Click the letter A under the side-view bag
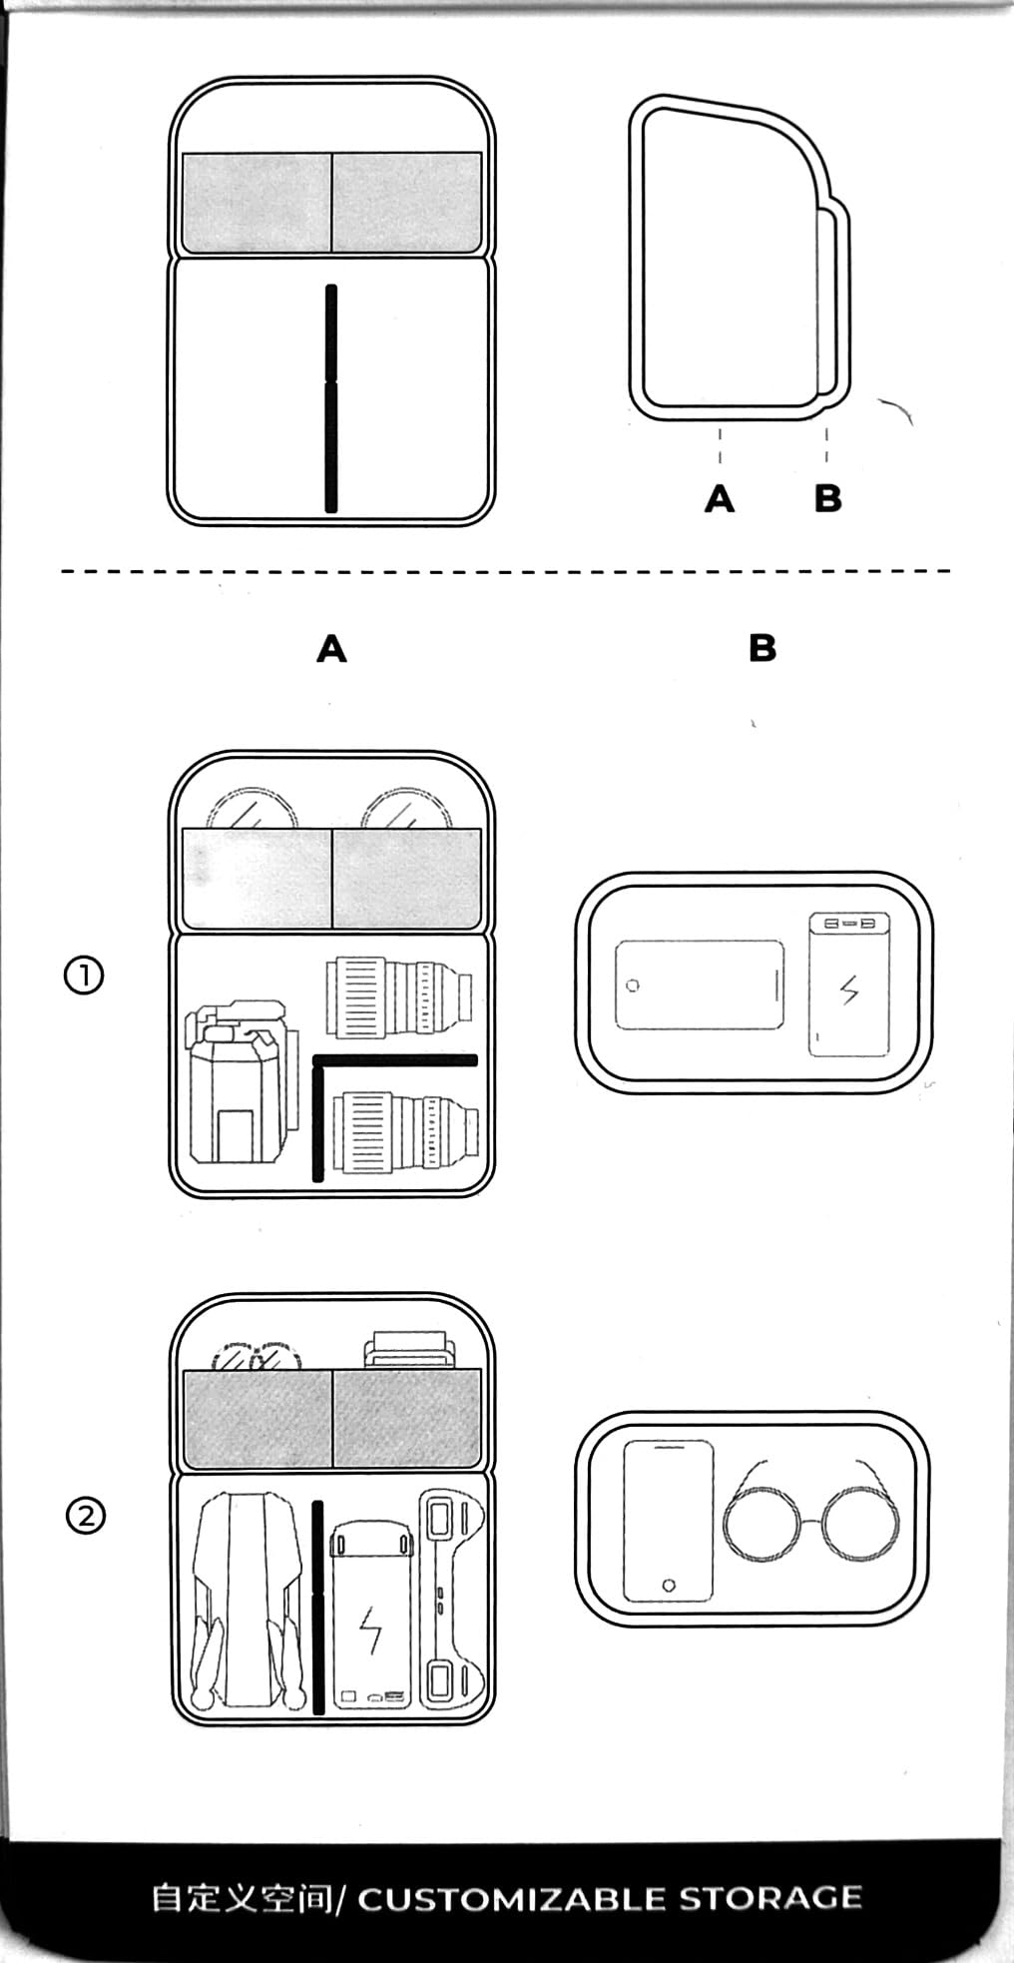click(x=720, y=497)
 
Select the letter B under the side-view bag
click(x=827, y=497)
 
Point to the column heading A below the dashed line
click(x=331, y=650)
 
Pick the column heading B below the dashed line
click(x=761, y=649)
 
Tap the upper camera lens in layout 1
click(x=398, y=997)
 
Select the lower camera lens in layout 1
click(x=403, y=1131)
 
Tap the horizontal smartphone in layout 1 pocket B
click(x=699, y=984)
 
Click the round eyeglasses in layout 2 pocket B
click(x=811, y=1519)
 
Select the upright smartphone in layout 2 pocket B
click(x=669, y=1521)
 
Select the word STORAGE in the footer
click(x=770, y=1898)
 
